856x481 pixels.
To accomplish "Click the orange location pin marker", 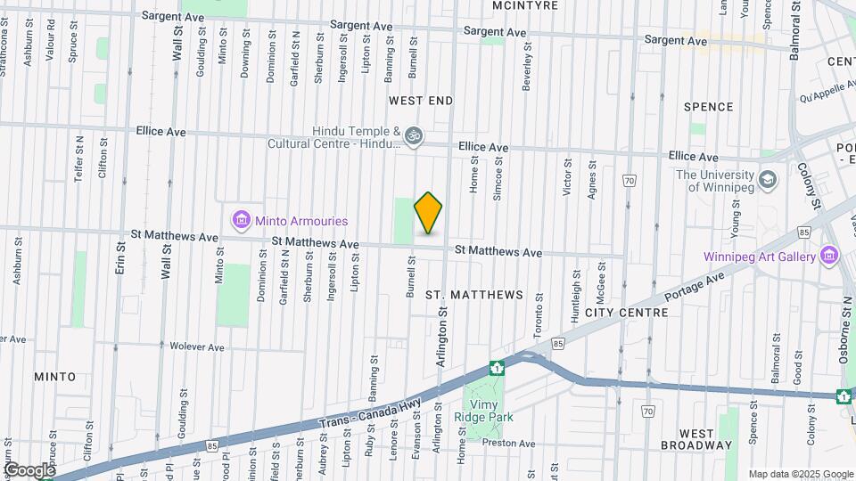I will point(429,212).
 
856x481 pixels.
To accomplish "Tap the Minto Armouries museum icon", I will point(239,219).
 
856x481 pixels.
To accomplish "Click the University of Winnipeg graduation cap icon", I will point(766,181).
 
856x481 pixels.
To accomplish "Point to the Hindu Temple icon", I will point(412,136).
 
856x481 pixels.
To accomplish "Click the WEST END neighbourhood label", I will point(421,102).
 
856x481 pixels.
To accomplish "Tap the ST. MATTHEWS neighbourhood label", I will point(473,294).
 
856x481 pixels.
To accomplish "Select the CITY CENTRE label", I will point(626,313).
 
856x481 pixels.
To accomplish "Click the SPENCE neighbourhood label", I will point(708,107).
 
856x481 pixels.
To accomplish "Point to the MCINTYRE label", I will point(525,5).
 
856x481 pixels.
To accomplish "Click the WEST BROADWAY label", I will point(696,444).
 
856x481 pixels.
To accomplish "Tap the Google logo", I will point(29,469).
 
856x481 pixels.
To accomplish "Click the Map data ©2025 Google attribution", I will point(800,474).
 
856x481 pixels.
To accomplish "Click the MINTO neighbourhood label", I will point(54,377).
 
